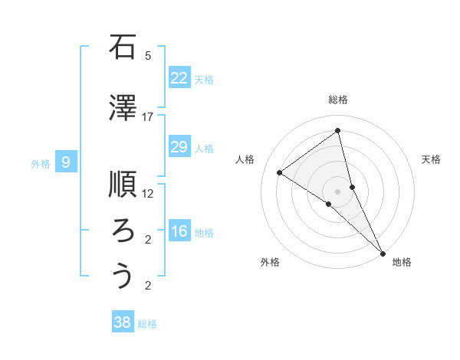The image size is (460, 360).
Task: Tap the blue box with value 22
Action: pyautogui.click(x=179, y=78)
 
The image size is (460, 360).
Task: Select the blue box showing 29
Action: pyautogui.click(x=179, y=147)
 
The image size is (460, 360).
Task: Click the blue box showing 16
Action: pyautogui.click(x=179, y=232)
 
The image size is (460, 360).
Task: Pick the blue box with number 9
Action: pyautogui.click(x=66, y=162)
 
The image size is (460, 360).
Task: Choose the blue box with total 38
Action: pyautogui.click(x=122, y=322)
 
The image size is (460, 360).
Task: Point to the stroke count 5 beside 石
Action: pyautogui.click(x=148, y=56)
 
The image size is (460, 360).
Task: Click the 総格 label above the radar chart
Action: pyautogui.click(x=338, y=100)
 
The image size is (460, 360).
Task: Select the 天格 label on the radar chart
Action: pyautogui.click(x=432, y=159)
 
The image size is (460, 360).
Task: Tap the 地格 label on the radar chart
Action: pyautogui.click(x=402, y=262)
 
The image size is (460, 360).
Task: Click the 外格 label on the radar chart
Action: pyautogui.click(x=270, y=262)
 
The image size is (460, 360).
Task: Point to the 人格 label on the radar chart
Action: pyautogui.click(x=245, y=159)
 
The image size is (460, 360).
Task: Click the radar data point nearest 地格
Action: pyautogui.click(x=383, y=252)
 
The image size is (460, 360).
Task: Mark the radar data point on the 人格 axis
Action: pyautogui.click(x=280, y=172)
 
